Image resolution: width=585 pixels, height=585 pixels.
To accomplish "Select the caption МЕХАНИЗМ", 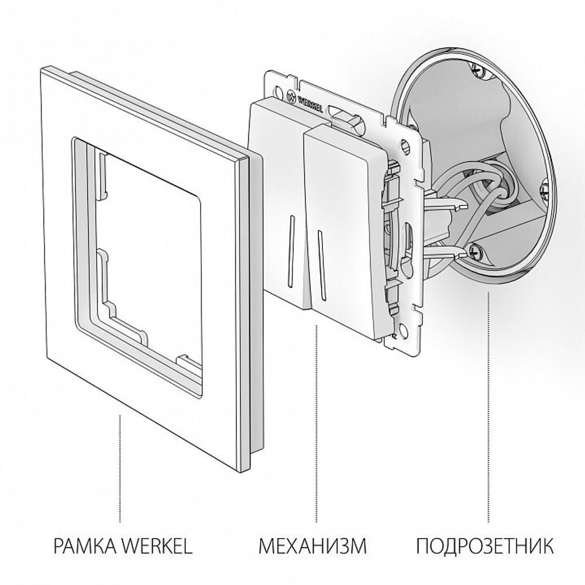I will click(313, 547).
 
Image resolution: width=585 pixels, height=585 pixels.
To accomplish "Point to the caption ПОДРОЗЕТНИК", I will click(486, 547).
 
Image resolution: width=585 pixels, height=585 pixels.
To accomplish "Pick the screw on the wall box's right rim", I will click(545, 187).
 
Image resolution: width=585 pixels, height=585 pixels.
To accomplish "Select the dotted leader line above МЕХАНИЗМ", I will click(316, 421).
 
